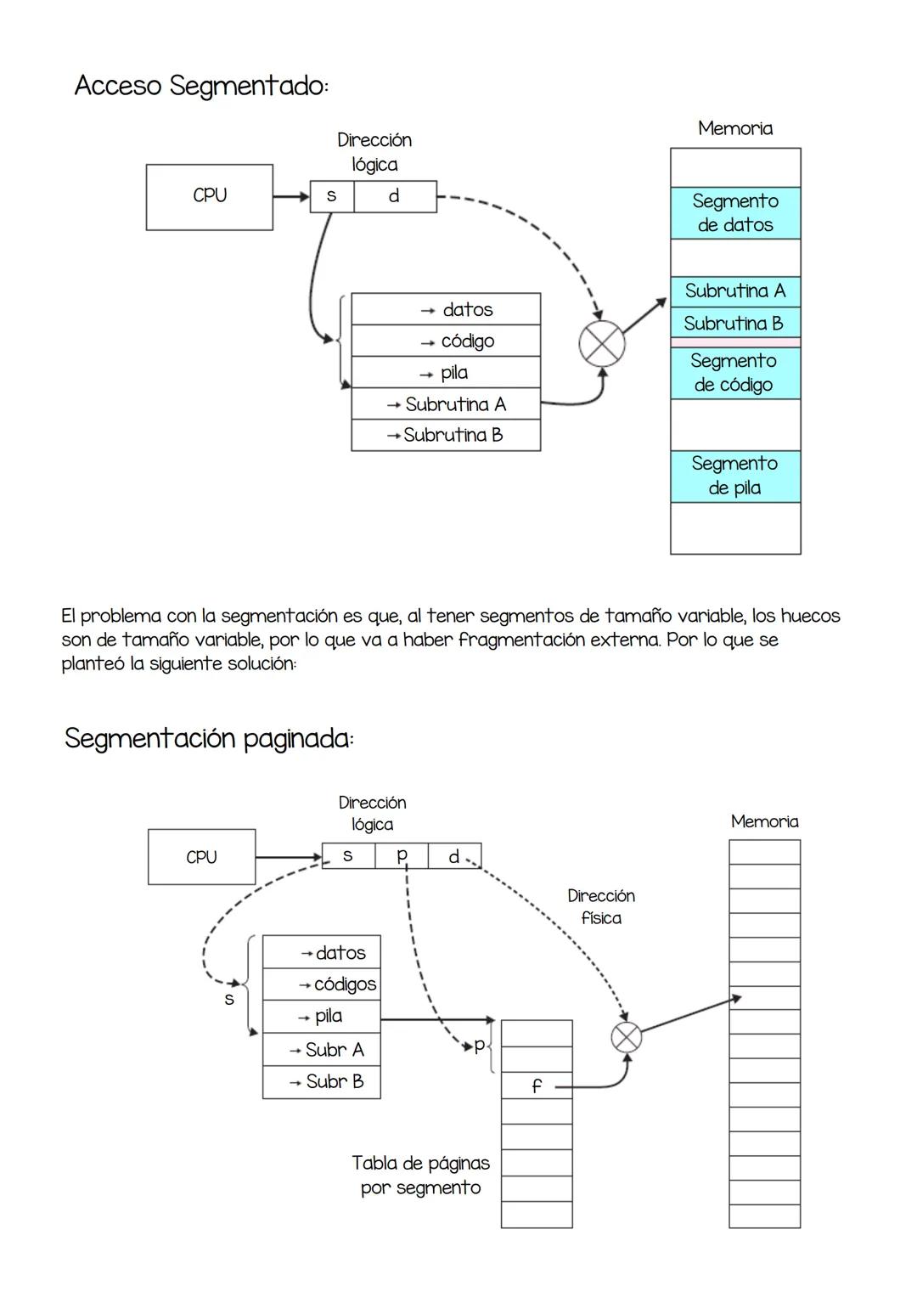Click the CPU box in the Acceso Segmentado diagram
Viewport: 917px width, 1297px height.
(x=210, y=197)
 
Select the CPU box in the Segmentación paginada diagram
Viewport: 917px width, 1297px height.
(x=201, y=857)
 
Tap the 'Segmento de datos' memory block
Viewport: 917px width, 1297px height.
(x=735, y=213)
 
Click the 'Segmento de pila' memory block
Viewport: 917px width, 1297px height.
(x=735, y=476)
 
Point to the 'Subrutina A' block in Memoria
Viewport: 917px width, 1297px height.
(x=735, y=291)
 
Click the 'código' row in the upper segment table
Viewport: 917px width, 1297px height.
(x=446, y=341)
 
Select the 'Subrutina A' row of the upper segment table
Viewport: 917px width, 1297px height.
(x=446, y=404)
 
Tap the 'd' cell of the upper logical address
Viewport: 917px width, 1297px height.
(x=395, y=196)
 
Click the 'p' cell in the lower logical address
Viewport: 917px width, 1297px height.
(x=402, y=855)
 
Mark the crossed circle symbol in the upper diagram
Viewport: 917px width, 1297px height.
(x=601, y=345)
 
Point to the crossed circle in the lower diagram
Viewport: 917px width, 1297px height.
(x=627, y=1037)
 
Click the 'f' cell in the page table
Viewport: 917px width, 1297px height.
(x=537, y=1086)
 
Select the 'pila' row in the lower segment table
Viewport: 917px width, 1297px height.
(x=321, y=1017)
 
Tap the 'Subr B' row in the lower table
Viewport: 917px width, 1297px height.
(x=321, y=1082)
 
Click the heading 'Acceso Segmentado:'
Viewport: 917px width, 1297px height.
(x=202, y=86)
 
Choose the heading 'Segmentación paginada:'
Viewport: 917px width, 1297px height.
(x=209, y=738)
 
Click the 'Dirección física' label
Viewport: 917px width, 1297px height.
(x=601, y=906)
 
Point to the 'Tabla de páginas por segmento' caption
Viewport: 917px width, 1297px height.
(x=421, y=1175)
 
